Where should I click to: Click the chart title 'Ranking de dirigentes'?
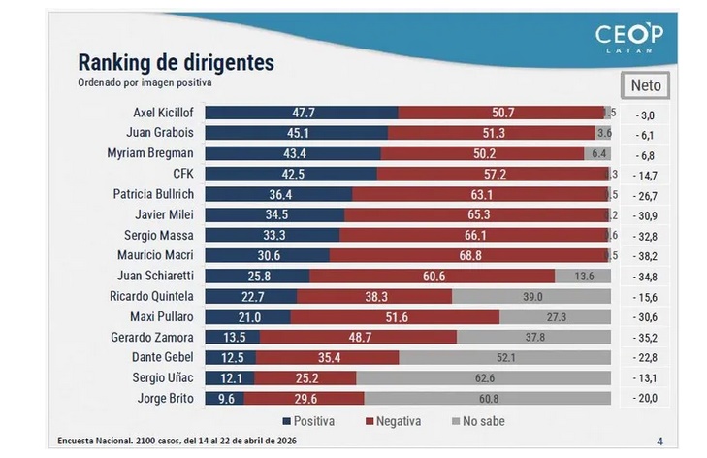pyautogui.click(x=176, y=63)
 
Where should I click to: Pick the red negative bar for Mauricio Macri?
pyautogui.click(x=466, y=255)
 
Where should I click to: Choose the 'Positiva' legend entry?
pyautogui.click(x=310, y=421)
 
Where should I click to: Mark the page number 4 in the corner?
pyautogui.click(x=660, y=442)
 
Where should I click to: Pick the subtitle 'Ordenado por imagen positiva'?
pyautogui.click(x=145, y=82)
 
